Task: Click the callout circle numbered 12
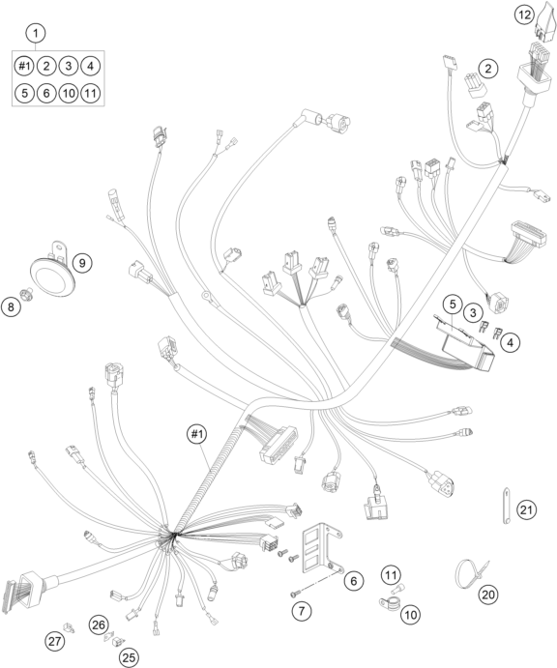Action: point(524,15)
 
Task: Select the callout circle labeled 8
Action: point(11,306)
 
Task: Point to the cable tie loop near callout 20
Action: point(468,573)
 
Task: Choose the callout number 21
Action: point(526,509)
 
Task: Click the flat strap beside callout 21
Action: point(506,505)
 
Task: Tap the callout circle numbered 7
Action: point(302,611)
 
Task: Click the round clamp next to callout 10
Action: point(389,603)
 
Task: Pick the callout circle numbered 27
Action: point(55,640)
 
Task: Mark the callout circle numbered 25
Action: point(129,657)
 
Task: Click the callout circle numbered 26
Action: point(99,624)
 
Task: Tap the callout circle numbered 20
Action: point(488,595)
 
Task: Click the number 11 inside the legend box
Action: point(90,93)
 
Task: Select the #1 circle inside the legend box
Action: point(24,66)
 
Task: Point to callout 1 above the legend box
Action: point(36,33)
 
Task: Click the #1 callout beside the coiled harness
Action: point(196,434)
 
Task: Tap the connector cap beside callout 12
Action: point(544,19)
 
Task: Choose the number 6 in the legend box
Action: point(46,93)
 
